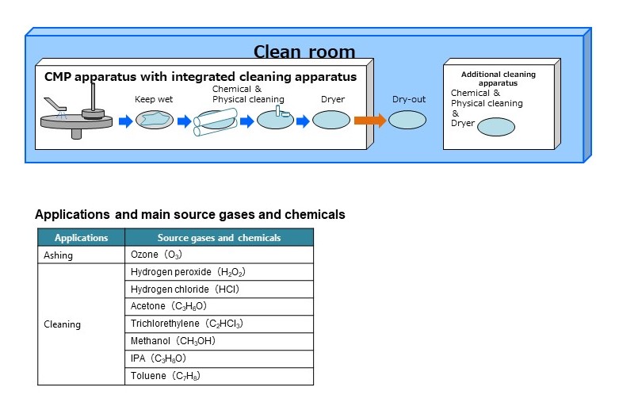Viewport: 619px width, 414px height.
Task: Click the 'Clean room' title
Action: pos(304,52)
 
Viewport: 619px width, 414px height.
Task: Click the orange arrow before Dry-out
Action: pos(369,121)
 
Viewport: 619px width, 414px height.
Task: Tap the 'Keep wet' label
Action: pos(154,100)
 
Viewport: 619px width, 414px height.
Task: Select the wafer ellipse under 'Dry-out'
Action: pos(407,120)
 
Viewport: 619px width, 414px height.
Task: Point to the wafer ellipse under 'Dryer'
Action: pos(331,120)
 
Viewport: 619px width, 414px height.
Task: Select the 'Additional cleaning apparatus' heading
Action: pos(498,79)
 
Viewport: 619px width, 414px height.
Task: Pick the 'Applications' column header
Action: pos(81,237)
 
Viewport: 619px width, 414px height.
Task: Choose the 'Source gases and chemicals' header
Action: pos(219,237)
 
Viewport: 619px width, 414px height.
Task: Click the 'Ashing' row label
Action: pos(58,255)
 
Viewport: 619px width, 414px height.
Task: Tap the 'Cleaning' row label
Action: pos(62,324)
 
